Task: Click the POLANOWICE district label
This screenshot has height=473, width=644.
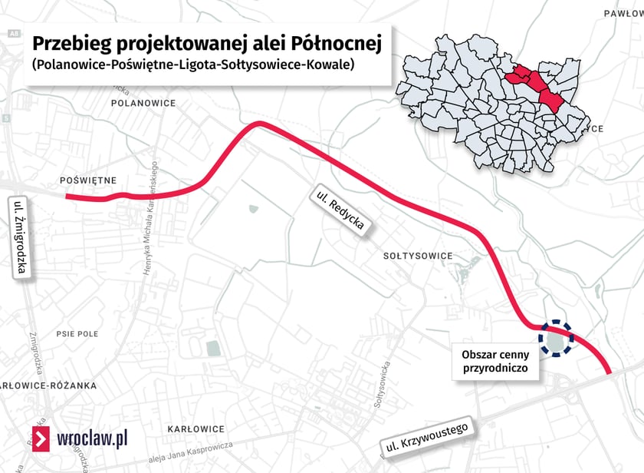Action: coord(143,102)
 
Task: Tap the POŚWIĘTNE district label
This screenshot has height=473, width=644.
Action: coord(87,180)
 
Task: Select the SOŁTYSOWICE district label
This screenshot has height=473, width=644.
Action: coord(418,256)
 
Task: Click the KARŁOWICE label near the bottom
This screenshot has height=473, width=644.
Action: coord(195,428)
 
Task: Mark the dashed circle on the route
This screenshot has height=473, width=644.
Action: coord(556,339)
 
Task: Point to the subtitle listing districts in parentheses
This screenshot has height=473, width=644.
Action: coord(192,65)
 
